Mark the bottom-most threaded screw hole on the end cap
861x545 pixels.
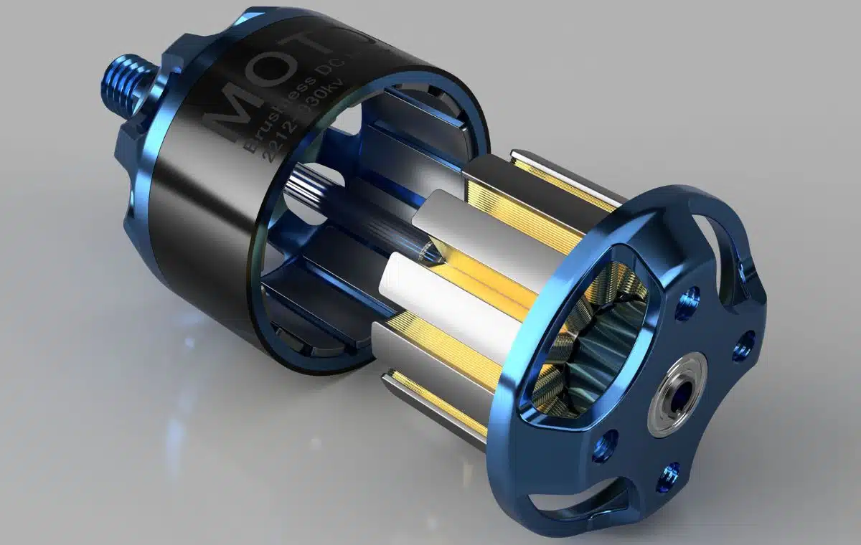pos(670,473)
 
